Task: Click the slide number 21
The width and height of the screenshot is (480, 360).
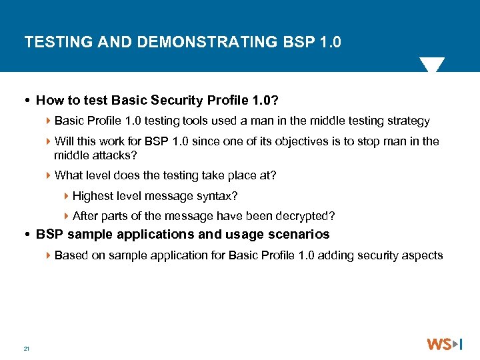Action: [26, 349]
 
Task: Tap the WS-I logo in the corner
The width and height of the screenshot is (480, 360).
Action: [444, 344]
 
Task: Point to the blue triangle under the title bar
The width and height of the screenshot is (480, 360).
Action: [431, 65]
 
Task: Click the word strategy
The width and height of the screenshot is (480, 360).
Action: [407, 121]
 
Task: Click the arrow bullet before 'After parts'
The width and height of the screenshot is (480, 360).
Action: [67, 216]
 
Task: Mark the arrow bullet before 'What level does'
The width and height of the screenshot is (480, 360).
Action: [49, 175]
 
